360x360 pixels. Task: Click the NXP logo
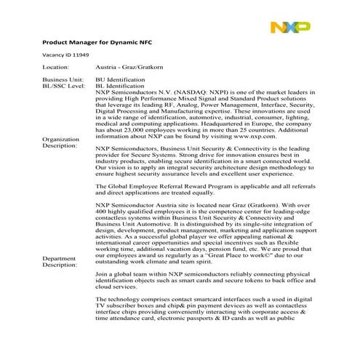pyautogui.click(x=290, y=28)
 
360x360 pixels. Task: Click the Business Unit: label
pyautogui.click(x=63, y=79)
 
